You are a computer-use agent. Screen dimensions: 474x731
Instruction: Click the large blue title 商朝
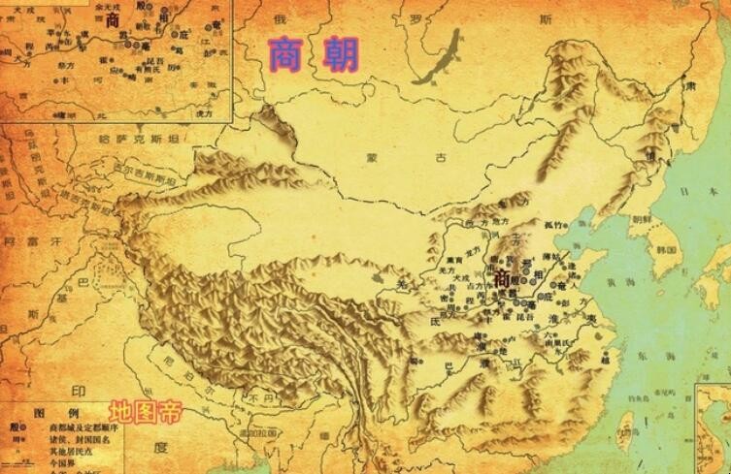coord(312,53)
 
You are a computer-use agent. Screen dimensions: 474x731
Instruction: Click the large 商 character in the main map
coord(502,278)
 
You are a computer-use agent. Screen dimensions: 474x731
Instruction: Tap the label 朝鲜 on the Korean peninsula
coord(641,220)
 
